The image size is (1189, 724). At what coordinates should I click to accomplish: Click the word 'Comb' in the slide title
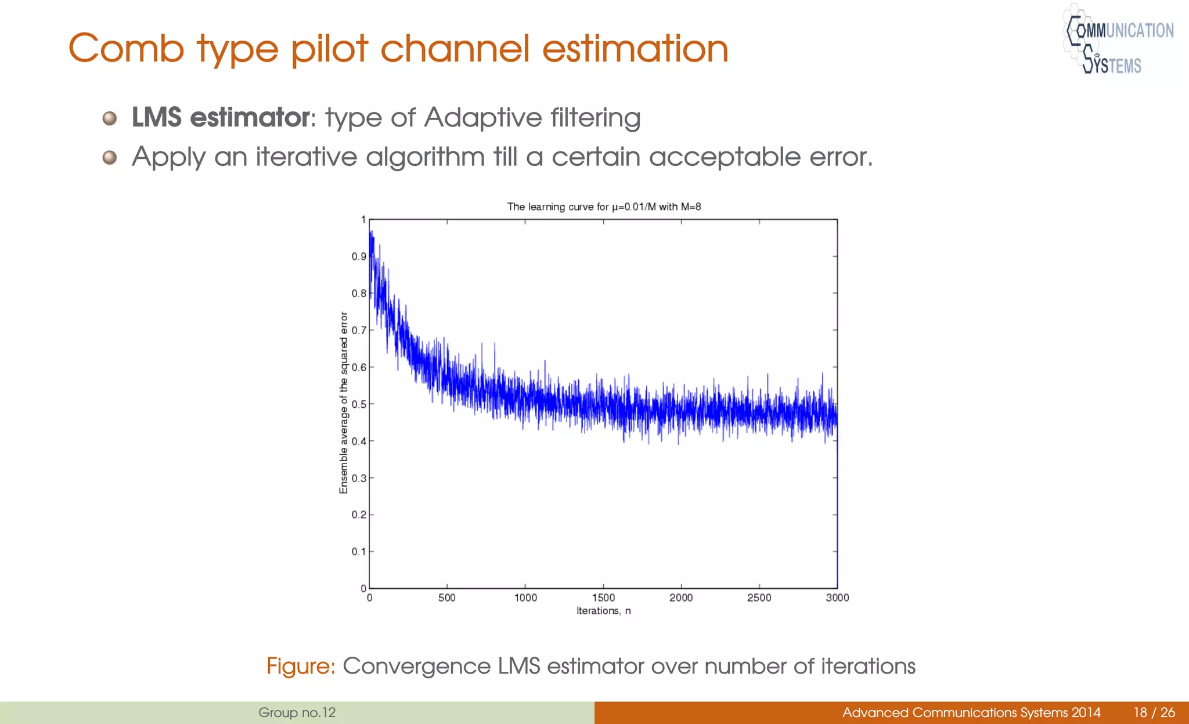tap(126, 49)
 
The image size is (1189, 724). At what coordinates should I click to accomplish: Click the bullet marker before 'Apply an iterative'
tap(109, 157)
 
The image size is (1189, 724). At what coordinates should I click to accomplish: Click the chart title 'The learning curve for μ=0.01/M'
tap(604, 207)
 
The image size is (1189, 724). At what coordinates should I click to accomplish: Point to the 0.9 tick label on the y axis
tap(359, 256)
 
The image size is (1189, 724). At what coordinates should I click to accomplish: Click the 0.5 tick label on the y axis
tap(359, 404)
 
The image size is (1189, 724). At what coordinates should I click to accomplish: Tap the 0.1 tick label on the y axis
tap(359, 552)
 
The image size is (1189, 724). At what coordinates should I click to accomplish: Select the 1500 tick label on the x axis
tap(603, 598)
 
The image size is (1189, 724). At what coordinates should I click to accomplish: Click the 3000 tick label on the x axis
tap(837, 598)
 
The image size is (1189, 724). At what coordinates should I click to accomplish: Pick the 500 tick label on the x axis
tap(446, 598)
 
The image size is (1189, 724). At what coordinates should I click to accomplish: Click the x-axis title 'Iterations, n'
tap(603, 611)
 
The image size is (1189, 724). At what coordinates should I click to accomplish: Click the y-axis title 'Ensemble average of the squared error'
tap(344, 403)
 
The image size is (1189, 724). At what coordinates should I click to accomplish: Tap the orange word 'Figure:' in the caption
tap(301, 666)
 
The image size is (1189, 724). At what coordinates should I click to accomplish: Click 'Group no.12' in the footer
tap(297, 712)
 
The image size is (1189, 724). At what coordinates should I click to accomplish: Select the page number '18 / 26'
tap(1154, 712)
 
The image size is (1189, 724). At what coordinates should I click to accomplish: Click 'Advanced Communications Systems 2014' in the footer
tap(971, 712)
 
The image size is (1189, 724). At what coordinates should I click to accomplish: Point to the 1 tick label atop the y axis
tap(363, 220)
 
